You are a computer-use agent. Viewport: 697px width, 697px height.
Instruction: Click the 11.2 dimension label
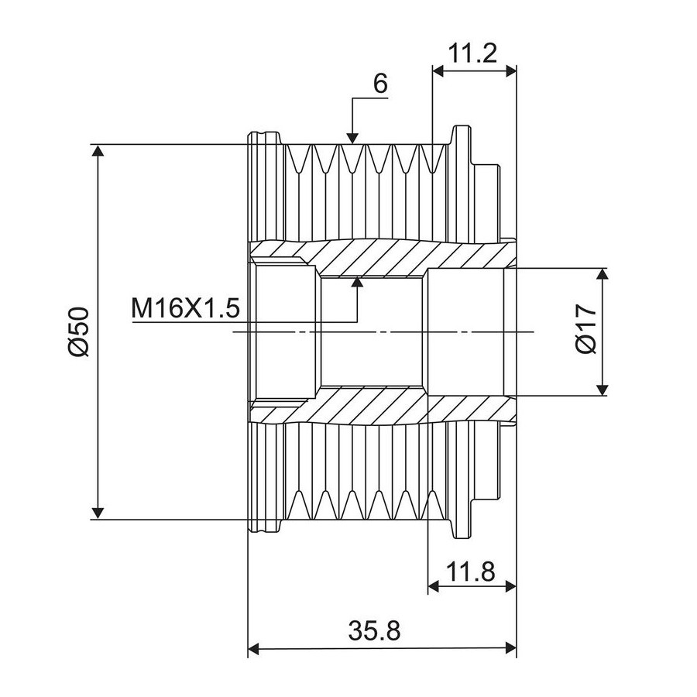[472, 53]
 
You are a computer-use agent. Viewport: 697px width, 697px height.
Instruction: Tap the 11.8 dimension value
[470, 572]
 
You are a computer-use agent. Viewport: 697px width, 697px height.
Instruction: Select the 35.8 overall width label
[374, 630]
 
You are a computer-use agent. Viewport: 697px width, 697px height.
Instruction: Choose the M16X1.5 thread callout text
[185, 308]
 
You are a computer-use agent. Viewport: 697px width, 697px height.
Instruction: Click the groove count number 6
[380, 83]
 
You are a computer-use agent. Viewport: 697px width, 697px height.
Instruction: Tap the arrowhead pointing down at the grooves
[352, 138]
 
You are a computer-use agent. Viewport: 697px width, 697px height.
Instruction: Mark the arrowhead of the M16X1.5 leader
[357, 283]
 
